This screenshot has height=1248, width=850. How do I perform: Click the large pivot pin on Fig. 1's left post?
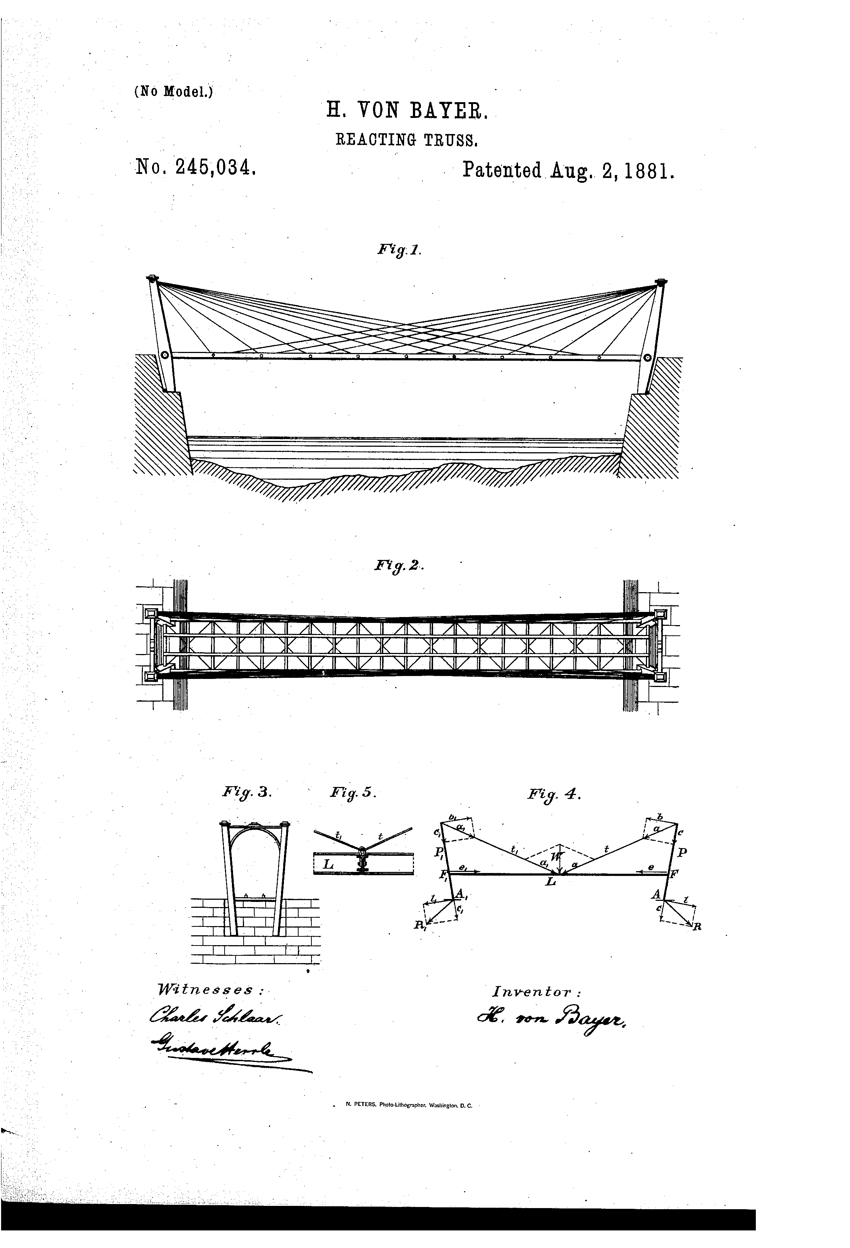point(165,356)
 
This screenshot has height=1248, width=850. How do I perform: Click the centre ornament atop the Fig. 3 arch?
point(255,823)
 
